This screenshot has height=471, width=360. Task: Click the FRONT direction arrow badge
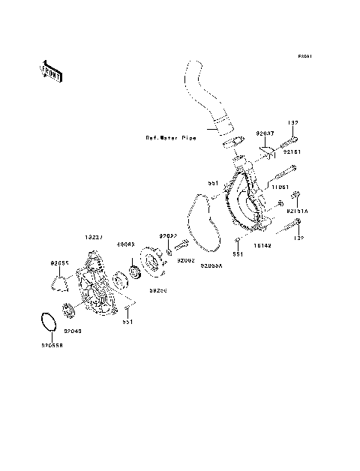(50, 72)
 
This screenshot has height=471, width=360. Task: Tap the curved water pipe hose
(200, 97)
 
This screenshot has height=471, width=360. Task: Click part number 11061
(281, 187)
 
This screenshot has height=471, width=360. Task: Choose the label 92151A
(298, 211)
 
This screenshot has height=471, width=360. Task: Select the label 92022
(166, 235)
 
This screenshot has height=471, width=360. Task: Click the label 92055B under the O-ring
(52, 346)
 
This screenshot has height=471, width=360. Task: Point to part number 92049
(73, 331)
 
